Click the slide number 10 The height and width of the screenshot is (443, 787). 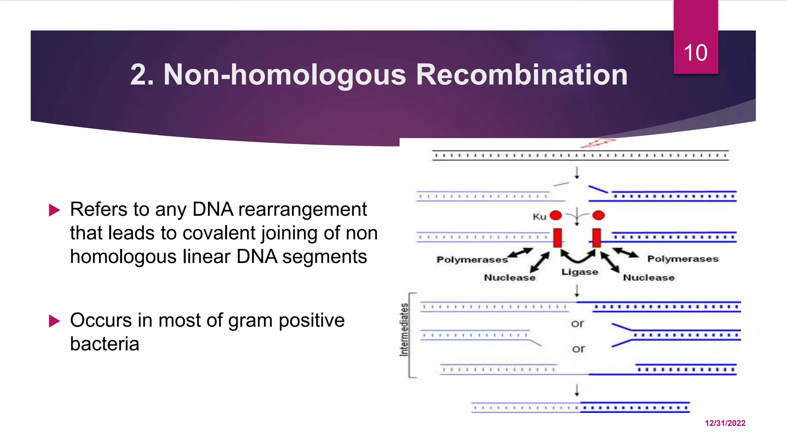tap(695, 53)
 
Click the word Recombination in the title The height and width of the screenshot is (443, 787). tap(521, 75)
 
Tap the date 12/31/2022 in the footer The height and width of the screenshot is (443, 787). tap(725, 423)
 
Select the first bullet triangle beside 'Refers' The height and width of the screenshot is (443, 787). tap(55, 210)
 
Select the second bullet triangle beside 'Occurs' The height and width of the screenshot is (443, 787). tap(55, 321)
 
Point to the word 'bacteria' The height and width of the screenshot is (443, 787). tap(105, 344)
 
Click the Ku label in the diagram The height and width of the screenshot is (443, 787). tap(539, 217)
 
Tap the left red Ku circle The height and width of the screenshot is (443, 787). tap(556, 215)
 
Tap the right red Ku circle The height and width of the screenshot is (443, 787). tap(598, 215)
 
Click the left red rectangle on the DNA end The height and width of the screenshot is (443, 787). tap(558, 238)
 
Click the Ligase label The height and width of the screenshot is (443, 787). tap(579, 272)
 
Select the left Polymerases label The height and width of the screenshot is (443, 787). tap(472, 260)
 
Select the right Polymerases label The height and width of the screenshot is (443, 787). tap(682, 259)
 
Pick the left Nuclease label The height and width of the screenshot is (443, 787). tap(509, 278)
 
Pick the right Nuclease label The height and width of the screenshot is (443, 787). tap(648, 278)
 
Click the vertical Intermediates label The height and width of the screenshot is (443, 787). tap(404, 330)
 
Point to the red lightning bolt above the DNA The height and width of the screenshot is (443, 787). tap(598, 143)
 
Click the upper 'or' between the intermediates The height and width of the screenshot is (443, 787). tap(577, 324)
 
